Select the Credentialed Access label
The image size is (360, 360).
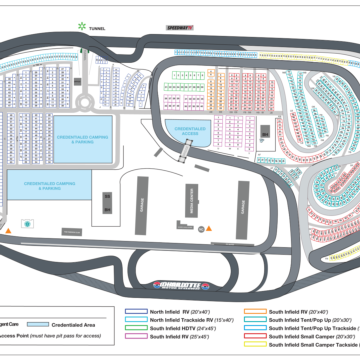click(x=190, y=130)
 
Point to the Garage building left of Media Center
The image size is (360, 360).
click(x=142, y=205)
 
